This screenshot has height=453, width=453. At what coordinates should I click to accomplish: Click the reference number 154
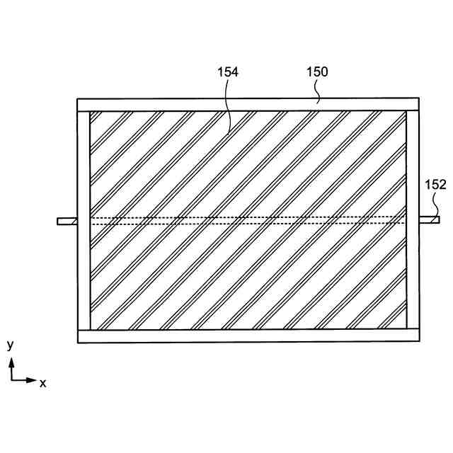click(x=227, y=71)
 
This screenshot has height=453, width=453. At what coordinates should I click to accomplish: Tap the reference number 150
click(x=316, y=71)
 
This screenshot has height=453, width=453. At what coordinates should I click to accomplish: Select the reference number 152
click(x=435, y=184)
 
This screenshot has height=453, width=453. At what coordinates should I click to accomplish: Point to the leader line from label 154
click(x=229, y=106)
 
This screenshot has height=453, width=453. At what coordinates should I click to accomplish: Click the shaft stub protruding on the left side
click(x=67, y=221)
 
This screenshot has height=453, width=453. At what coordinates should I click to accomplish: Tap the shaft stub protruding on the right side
click(x=429, y=220)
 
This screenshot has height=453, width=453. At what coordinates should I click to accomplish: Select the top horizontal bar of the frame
click(x=248, y=105)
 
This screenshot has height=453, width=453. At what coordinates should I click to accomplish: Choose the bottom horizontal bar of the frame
click(x=248, y=336)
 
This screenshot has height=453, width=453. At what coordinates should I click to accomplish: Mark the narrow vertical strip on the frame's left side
click(x=84, y=219)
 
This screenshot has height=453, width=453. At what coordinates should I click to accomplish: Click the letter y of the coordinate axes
click(x=11, y=345)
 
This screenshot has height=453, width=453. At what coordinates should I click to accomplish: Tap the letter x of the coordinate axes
click(x=43, y=383)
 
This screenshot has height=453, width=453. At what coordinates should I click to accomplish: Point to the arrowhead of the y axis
click(x=11, y=361)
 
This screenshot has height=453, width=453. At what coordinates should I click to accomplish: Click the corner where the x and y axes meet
click(x=11, y=380)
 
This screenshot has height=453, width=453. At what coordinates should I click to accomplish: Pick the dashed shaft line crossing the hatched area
click(x=248, y=220)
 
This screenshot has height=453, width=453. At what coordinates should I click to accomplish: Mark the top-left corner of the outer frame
click(x=77, y=99)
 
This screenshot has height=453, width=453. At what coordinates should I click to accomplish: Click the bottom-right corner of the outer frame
click(x=418, y=343)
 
